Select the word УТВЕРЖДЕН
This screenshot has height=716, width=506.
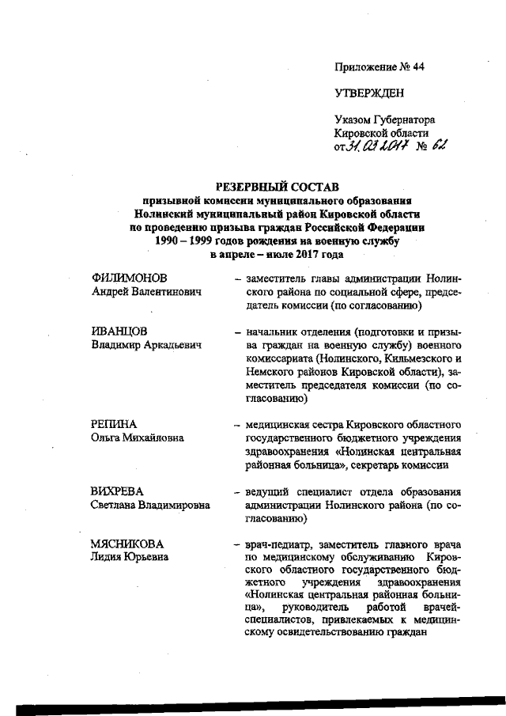tap(369, 93)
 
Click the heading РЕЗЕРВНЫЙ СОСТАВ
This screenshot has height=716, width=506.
tap(277, 187)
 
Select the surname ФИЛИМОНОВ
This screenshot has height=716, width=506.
tap(130, 278)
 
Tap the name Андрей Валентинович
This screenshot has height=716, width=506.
tap(145, 292)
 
